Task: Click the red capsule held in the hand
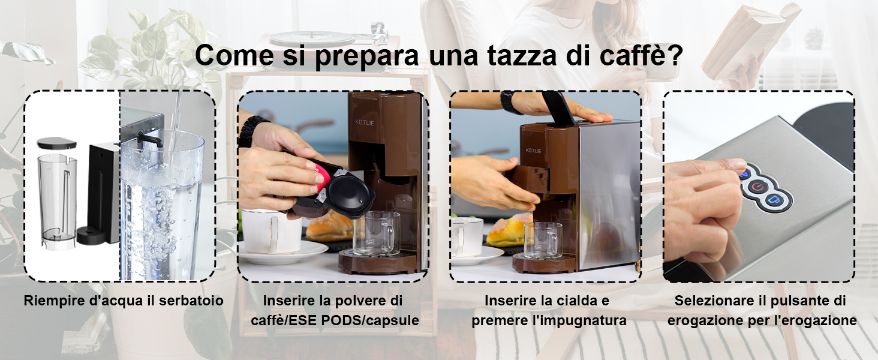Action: tap(322, 176)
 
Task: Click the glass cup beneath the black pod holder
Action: tap(375, 233)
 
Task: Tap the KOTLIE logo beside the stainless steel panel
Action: tap(533, 151)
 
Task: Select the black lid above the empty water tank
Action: tap(57, 142)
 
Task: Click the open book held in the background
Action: tap(751, 41)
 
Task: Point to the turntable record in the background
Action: tap(312, 38)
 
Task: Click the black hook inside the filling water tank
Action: tap(149, 140)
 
